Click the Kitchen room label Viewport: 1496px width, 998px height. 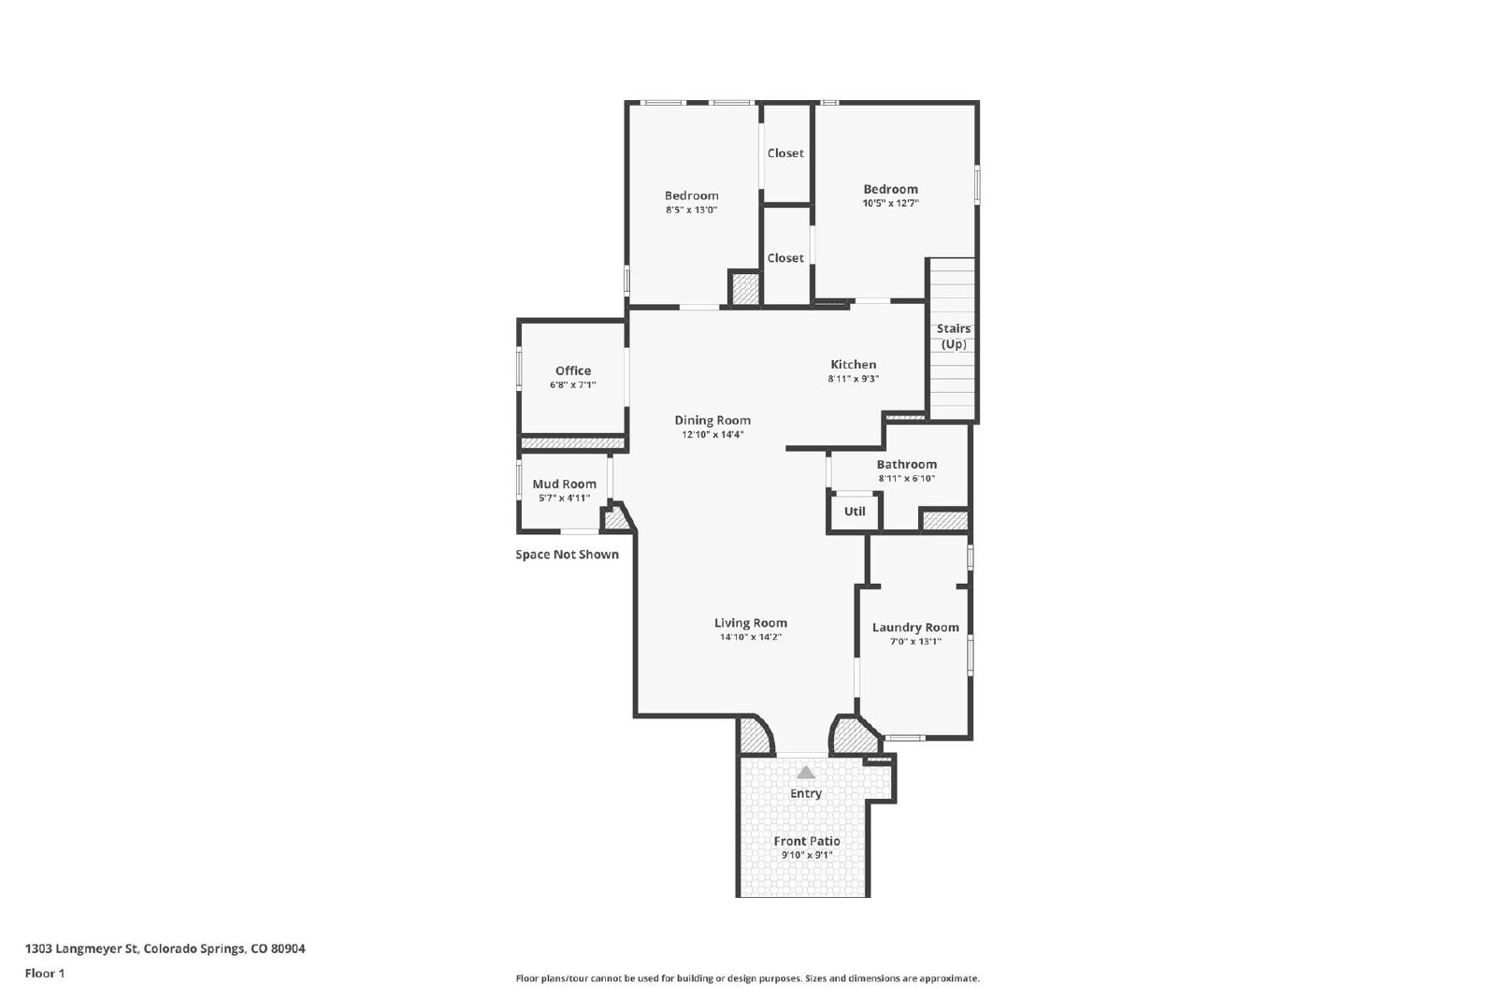click(853, 364)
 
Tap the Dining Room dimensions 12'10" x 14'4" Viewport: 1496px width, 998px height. click(712, 434)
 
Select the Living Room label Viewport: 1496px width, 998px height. click(751, 623)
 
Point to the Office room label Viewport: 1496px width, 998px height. click(573, 370)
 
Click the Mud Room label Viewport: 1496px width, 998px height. click(565, 484)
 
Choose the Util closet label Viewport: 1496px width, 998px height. click(855, 511)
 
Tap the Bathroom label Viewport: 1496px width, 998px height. click(906, 464)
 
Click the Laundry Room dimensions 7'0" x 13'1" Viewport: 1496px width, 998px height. click(915, 642)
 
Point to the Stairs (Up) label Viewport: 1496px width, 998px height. click(954, 336)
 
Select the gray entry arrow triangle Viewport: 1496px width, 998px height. click(806, 773)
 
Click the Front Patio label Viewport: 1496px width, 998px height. click(807, 841)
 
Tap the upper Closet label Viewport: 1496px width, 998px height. click(785, 153)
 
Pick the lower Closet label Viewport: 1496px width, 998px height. click(785, 258)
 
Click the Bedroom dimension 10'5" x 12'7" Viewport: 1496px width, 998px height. click(891, 203)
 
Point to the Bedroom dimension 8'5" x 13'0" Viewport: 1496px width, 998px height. click(691, 210)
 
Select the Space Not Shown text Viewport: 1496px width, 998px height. click(567, 555)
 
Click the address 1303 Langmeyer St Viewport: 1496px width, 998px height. click(81, 948)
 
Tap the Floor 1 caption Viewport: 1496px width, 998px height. click(45, 974)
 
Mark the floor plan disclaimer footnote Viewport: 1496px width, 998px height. click(747, 978)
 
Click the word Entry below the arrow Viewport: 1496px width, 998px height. click(806, 793)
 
